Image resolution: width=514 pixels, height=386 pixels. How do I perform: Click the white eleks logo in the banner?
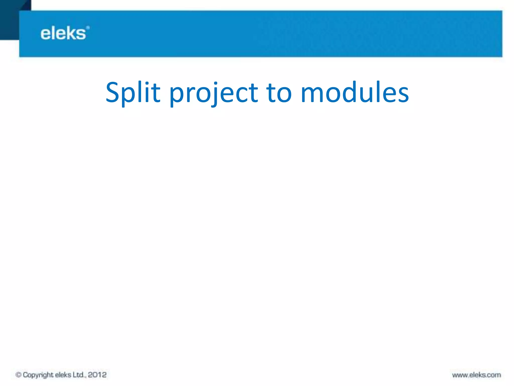coord(63,33)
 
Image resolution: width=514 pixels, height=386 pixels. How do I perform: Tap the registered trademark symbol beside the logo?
coord(88,28)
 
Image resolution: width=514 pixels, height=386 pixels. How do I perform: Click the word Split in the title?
coord(133,92)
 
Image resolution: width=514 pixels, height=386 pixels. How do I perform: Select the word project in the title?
coord(214,93)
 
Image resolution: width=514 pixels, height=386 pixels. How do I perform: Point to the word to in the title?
coord(279,92)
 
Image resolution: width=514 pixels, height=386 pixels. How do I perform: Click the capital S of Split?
coord(112,92)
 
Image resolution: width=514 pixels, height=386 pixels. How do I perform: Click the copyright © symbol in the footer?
coord(18,375)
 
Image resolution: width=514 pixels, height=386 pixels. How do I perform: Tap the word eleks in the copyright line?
coord(63,375)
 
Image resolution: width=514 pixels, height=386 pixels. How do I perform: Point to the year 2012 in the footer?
coord(97,375)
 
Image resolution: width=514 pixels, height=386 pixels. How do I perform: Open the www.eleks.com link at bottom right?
coord(476,375)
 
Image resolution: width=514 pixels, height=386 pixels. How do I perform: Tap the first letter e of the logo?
coord(46,34)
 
